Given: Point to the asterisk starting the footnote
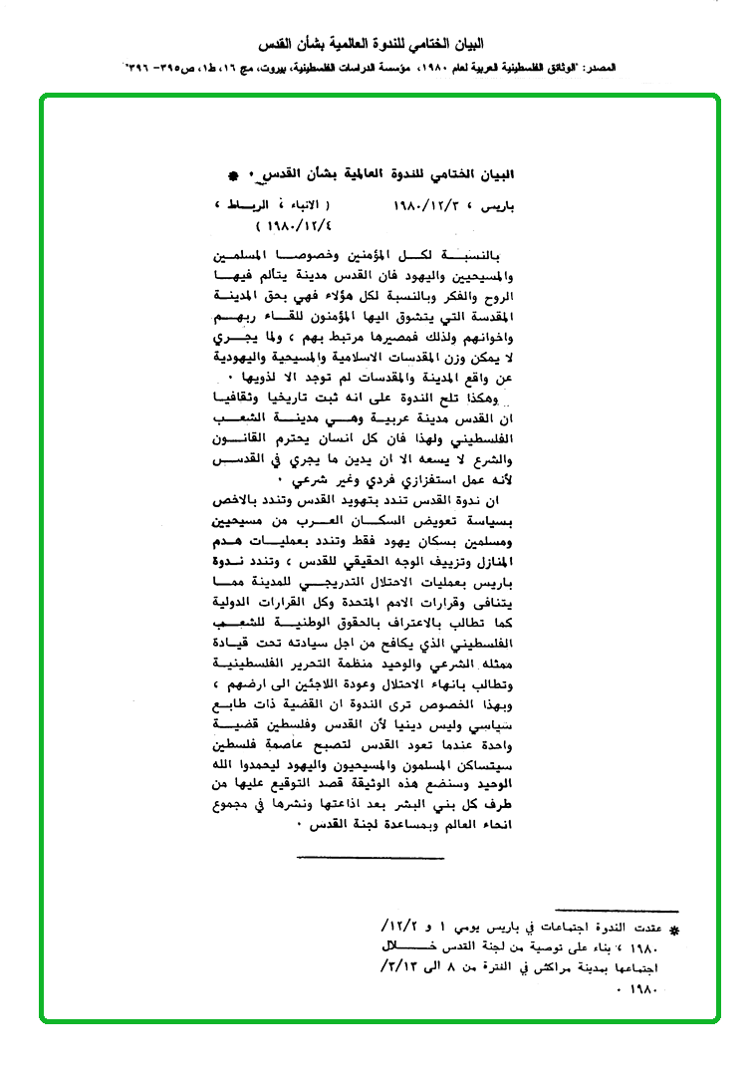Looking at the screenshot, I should [672, 930].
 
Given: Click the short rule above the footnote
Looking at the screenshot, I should [617, 911].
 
